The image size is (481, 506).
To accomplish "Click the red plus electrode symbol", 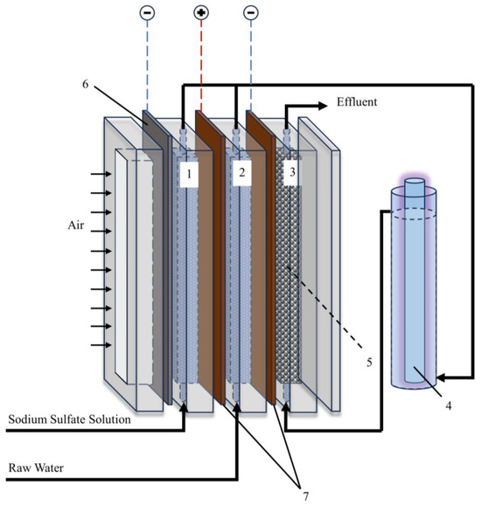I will pos(201,13).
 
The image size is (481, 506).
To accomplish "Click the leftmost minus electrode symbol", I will pos(146,13).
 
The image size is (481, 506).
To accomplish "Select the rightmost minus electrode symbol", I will pos(250,13).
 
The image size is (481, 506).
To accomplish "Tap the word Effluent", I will pos(359,102).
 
